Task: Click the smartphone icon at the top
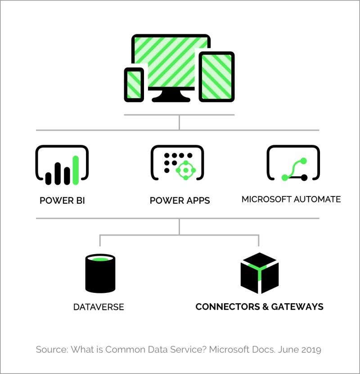(134, 85)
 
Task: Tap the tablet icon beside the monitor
(216, 77)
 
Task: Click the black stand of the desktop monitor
(171, 95)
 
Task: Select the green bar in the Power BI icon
(76, 170)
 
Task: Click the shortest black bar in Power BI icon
(48, 178)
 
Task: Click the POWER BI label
(62, 201)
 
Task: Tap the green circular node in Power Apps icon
(186, 170)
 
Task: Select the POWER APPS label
(180, 201)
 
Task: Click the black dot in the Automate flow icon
(304, 178)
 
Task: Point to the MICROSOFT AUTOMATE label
(291, 200)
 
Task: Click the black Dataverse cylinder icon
(100, 274)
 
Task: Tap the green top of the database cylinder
(100, 259)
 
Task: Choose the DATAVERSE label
(99, 307)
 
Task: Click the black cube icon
(260, 273)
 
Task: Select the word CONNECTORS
(228, 307)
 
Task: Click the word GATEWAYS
(297, 307)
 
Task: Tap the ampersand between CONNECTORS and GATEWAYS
(265, 307)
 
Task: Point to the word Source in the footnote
(51, 350)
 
